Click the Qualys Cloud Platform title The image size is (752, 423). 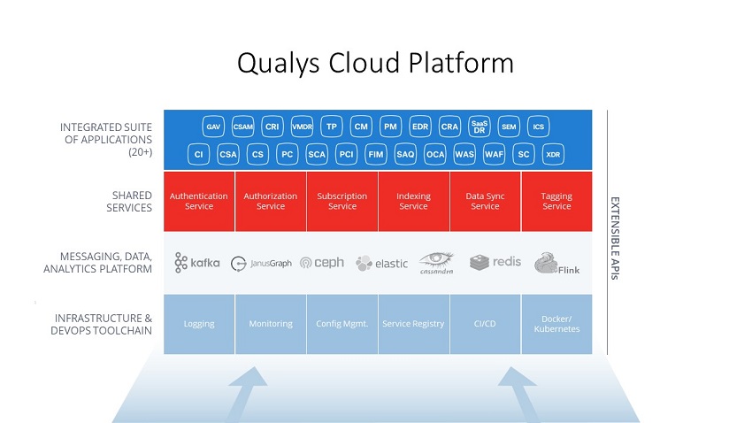pyautogui.click(x=375, y=64)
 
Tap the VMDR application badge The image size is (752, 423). pyautogui.click(x=302, y=127)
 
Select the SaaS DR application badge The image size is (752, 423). pyautogui.click(x=479, y=127)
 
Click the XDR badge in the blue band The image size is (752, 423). pyautogui.click(x=553, y=154)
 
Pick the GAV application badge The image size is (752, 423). pyautogui.click(x=213, y=127)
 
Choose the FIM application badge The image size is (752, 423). pyautogui.click(x=375, y=154)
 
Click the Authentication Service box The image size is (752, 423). pyautogui.click(x=199, y=201)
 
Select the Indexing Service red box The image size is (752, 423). pyautogui.click(x=413, y=201)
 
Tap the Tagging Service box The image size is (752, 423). pyautogui.click(x=556, y=201)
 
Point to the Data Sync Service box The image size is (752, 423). pyautogui.click(x=485, y=201)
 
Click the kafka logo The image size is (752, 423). pyautogui.click(x=197, y=262)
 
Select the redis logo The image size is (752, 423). pyautogui.click(x=495, y=262)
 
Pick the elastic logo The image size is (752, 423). pyautogui.click(x=381, y=263)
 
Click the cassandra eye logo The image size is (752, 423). pyautogui.click(x=436, y=262)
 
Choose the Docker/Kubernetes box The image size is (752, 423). pyautogui.click(x=556, y=324)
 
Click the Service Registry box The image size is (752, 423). pyautogui.click(x=413, y=324)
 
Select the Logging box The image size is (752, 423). pyautogui.click(x=199, y=324)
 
